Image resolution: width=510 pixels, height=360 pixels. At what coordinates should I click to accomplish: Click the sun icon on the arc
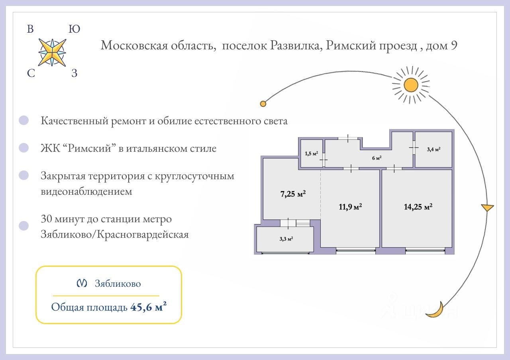(x=411, y=85)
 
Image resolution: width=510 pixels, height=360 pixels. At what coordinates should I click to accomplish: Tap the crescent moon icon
(x=435, y=311)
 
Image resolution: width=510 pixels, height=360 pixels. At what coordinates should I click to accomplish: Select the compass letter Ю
(x=74, y=29)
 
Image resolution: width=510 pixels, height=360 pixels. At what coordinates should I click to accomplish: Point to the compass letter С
(x=31, y=73)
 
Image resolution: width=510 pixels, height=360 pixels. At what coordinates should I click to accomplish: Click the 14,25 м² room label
(x=418, y=207)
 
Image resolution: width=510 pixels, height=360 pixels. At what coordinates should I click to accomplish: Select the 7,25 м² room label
(x=293, y=194)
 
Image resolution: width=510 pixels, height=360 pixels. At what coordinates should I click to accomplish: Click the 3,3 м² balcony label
(x=286, y=239)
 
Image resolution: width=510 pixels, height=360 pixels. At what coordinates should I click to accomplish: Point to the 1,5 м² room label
(x=311, y=153)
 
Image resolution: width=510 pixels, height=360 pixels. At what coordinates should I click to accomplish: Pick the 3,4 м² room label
(x=433, y=150)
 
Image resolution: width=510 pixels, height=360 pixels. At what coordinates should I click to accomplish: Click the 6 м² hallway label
(x=377, y=158)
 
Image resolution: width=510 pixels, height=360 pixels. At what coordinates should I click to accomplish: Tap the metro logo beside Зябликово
(x=82, y=284)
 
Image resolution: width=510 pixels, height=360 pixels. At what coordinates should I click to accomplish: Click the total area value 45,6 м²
(x=148, y=307)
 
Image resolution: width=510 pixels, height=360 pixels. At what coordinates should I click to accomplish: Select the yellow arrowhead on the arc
(x=487, y=207)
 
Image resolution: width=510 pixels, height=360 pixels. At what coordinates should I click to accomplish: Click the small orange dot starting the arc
(x=263, y=104)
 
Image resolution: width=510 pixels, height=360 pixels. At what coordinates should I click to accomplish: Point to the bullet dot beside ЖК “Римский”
(x=24, y=148)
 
